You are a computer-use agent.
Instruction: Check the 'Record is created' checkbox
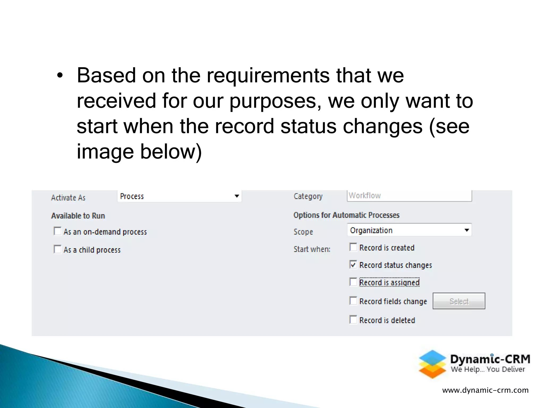tap(353, 247)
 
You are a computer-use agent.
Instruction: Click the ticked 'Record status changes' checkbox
tap(353, 265)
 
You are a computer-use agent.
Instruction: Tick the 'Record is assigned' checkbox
tap(353, 282)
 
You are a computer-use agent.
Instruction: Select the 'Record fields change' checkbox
tap(353, 301)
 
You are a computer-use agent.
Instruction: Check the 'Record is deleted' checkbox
tap(353, 320)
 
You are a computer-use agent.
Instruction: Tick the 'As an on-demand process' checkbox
tap(57, 231)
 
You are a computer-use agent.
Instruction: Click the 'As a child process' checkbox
tap(57, 249)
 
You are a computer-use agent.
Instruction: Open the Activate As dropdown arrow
tap(237, 196)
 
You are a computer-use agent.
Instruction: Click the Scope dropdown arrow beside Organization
tap(466, 230)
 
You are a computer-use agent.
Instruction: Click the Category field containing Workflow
tap(409, 196)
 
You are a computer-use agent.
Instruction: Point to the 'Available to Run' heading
tap(78, 216)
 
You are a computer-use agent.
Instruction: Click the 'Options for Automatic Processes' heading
tap(346, 215)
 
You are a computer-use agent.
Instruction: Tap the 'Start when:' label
tap(312, 249)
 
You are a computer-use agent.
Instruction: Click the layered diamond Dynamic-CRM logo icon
tap(432, 364)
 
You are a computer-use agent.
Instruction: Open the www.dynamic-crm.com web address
tap(485, 390)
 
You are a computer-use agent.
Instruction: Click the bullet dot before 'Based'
tap(60, 76)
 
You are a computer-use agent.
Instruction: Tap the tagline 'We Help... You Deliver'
tap(488, 369)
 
